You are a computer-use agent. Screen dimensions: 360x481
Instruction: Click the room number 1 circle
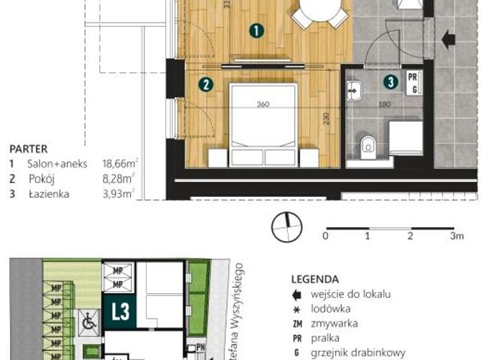tap(256, 31)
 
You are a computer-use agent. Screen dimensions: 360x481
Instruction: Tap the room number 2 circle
tap(204, 85)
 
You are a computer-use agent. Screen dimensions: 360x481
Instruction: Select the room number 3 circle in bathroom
tap(390, 81)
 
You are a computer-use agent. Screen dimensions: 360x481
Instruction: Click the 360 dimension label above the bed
tap(262, 104)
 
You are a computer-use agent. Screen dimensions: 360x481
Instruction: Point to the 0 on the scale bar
tap(325, 236)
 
